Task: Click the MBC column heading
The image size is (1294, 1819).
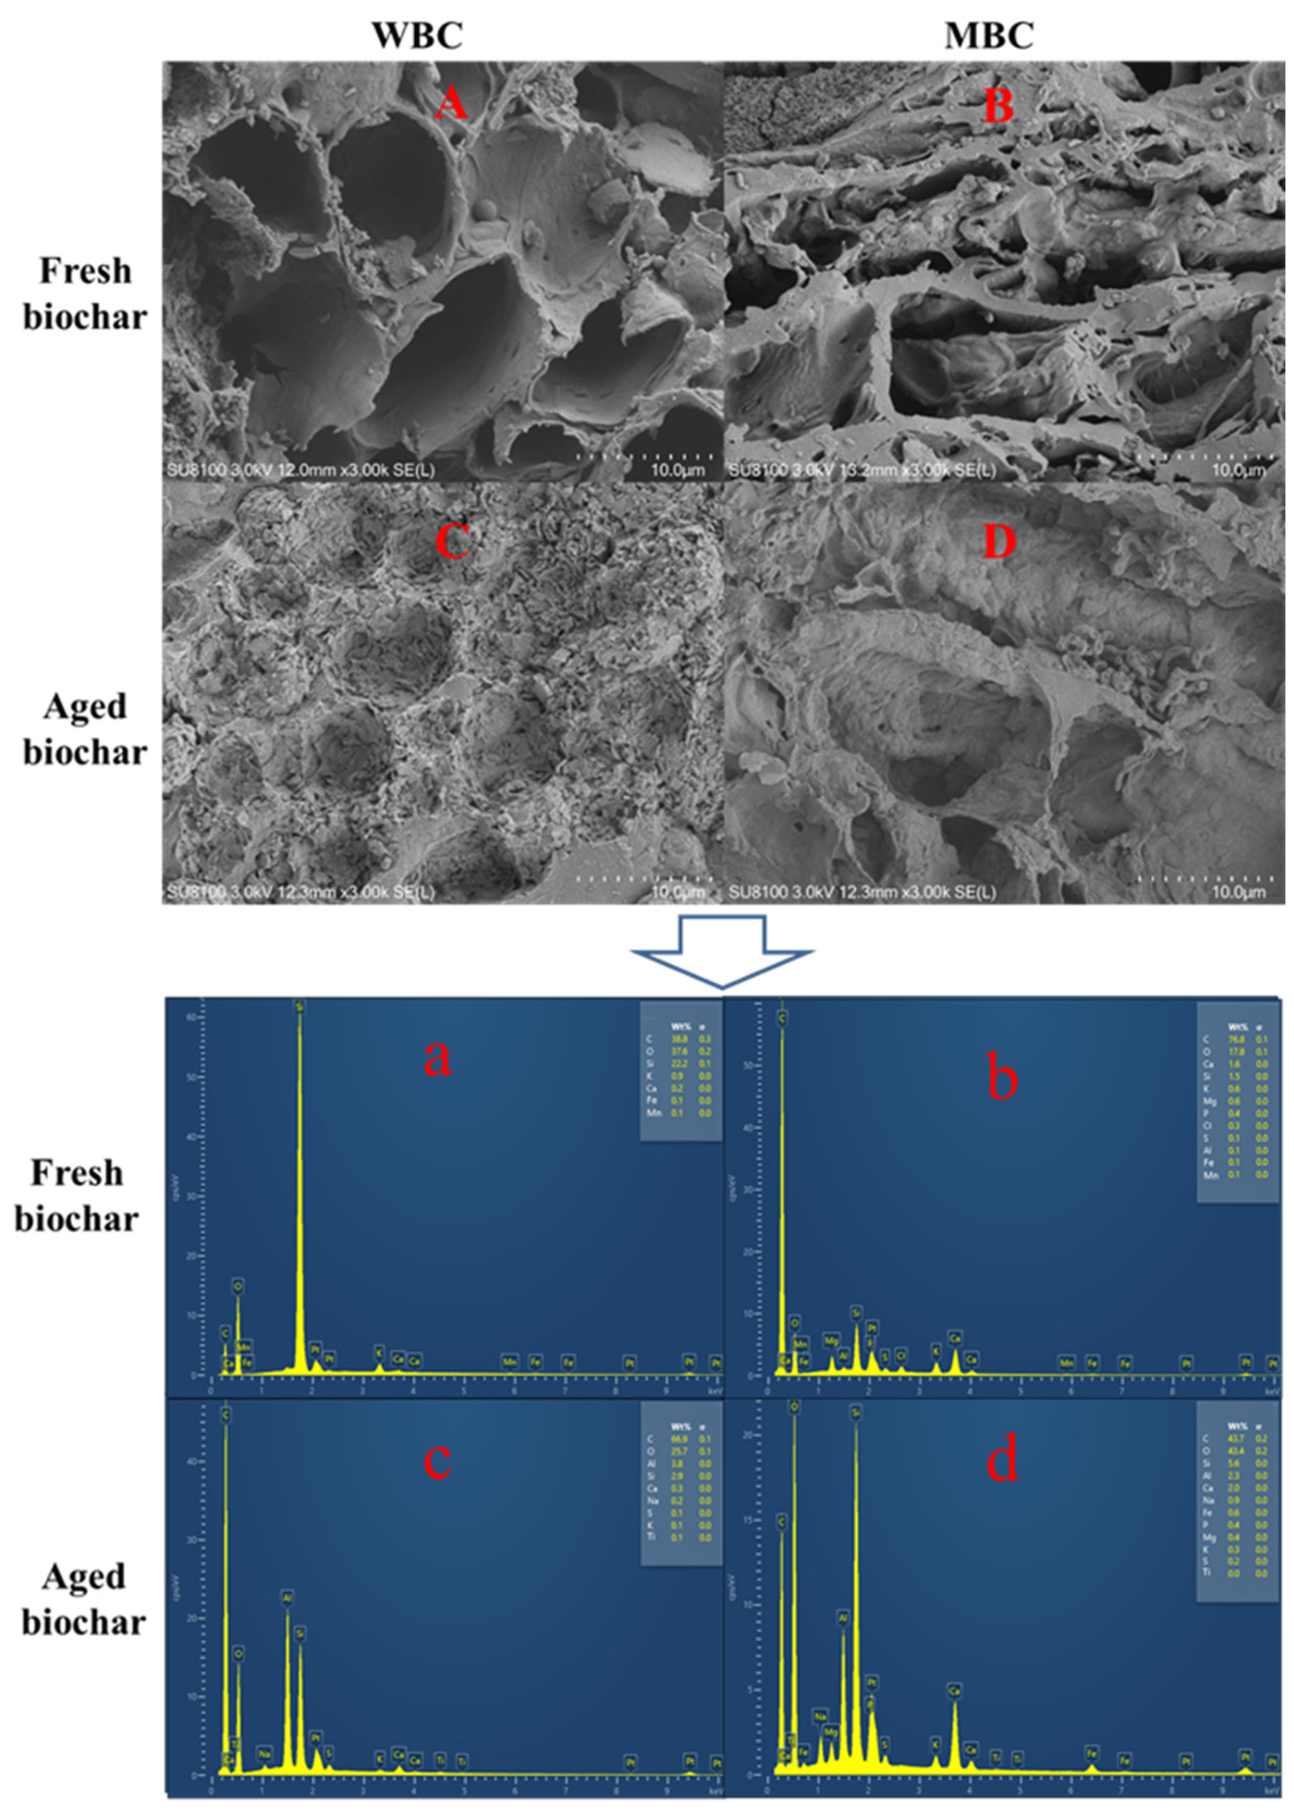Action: pyautogui.click(x=989, y=35)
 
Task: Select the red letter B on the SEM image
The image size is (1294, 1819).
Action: pyautogui.click(x=999, y=106)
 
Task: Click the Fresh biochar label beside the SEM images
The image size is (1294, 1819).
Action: pyautogui.click(x=84, y=294)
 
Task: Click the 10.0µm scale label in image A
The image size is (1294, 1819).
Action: pyautogui.click(x=677, y=470)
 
